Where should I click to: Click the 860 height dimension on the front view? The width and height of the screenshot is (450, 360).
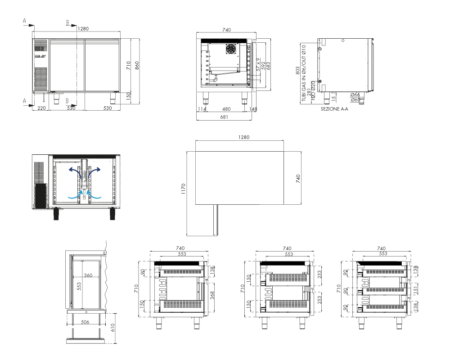tap(137, 65)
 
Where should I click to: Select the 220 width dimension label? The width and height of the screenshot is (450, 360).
tap(41, 108)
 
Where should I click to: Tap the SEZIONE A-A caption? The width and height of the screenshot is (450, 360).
tap(334, 109)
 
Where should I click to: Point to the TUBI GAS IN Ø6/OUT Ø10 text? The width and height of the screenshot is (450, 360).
tap(304, 73)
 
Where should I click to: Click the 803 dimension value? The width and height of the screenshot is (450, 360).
tap(297, 71)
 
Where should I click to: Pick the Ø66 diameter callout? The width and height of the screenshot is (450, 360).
tap(355, 95)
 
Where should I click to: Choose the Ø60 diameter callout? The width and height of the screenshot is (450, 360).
tap(355, 100)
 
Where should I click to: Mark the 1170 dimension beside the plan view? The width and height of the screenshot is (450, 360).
tap(184, 189)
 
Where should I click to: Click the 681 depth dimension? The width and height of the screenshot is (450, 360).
tap(224, 117)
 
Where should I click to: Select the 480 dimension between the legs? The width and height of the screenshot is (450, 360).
tap(226, 109)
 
